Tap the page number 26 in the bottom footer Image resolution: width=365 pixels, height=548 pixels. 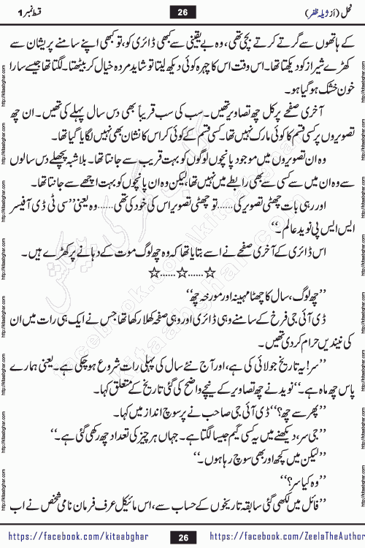[183, 537]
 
